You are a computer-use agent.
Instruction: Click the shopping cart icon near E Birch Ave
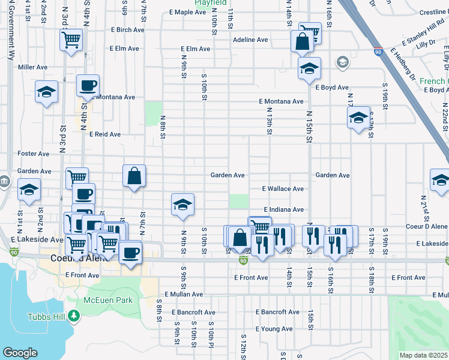71,40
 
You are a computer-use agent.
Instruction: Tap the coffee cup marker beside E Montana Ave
88,86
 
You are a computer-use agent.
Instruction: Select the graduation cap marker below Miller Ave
46,92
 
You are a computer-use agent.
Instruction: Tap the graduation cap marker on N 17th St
358,117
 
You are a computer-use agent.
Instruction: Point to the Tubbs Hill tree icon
74,315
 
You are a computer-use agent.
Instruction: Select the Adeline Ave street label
250,40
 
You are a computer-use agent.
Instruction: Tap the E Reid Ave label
105,134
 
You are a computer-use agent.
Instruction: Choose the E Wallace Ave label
283,188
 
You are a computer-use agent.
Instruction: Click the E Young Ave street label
274,329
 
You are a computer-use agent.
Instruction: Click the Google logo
20,353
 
